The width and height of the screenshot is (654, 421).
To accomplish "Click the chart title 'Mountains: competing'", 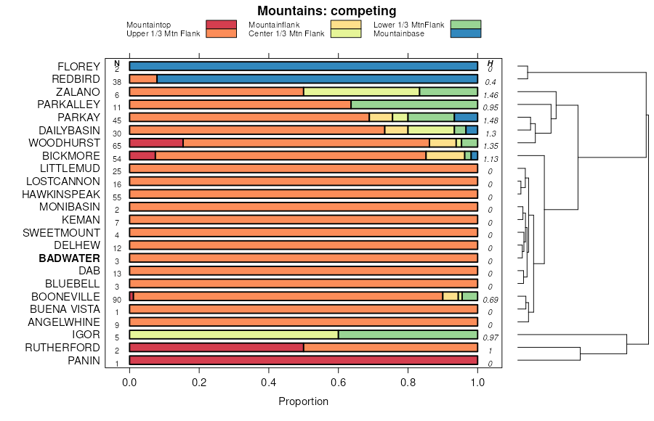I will pos(326,11).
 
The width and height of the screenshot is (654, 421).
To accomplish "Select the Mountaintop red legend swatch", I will pos(221,25).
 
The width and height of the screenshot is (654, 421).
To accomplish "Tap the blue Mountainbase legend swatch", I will pos(465,33).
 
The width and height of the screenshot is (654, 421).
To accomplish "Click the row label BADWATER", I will pos(69,258).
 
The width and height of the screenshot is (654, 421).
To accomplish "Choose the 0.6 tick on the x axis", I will pos(339,383).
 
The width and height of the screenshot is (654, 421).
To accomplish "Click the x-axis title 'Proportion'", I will pos(303,401).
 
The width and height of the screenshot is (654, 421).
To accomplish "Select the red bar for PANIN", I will pos(303,361).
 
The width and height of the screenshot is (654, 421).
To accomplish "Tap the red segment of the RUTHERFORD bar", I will pos(216,348).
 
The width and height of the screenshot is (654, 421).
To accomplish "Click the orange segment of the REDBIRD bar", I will pos(142,79).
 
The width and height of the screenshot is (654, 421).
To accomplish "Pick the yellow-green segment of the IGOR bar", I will pos(233,335).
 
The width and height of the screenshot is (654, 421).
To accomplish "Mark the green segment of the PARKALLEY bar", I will pos(414,105).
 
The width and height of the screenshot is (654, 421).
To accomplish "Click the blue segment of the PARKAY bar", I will pos(466,118).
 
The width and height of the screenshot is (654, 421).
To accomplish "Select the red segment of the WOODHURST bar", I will pos(156,143).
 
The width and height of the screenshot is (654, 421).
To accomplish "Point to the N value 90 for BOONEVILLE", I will pos(117,300).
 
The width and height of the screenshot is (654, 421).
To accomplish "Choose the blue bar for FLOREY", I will pos(303,66).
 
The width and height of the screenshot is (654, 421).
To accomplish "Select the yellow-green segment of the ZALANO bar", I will pos(361,91).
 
